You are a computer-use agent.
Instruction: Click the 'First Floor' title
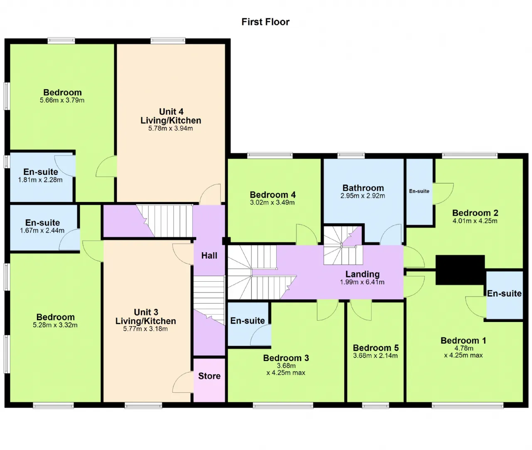pos(265,22)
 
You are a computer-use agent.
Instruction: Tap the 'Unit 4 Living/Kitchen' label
pos(171,116)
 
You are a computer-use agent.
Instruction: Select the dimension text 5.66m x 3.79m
pos(62,100)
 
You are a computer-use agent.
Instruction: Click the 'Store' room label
pos(209,376)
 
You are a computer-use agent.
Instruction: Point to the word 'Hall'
pos(209,256)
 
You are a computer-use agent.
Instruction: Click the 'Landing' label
pos(362,274)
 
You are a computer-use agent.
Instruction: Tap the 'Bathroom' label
pos(363,188)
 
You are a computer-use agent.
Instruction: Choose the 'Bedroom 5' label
pos(375,348)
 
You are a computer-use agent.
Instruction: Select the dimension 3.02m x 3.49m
pos(272,202)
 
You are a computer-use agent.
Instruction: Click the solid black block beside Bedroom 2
pos(460,270)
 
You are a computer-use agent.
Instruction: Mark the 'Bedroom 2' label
pos(475,213)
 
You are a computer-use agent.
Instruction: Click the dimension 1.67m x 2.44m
pos(42,231)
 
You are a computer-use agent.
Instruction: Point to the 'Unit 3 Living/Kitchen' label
pos(145,317)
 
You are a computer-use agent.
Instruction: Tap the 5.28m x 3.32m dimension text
pos(55,325)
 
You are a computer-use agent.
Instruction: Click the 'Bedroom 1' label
pos(463,340)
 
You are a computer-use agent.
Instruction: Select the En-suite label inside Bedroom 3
pos(247,321)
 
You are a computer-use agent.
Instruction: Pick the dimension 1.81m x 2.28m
pos(40,180)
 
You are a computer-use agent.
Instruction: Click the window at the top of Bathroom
pos(351,155)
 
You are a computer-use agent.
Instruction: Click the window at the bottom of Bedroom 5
pos(375,406)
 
